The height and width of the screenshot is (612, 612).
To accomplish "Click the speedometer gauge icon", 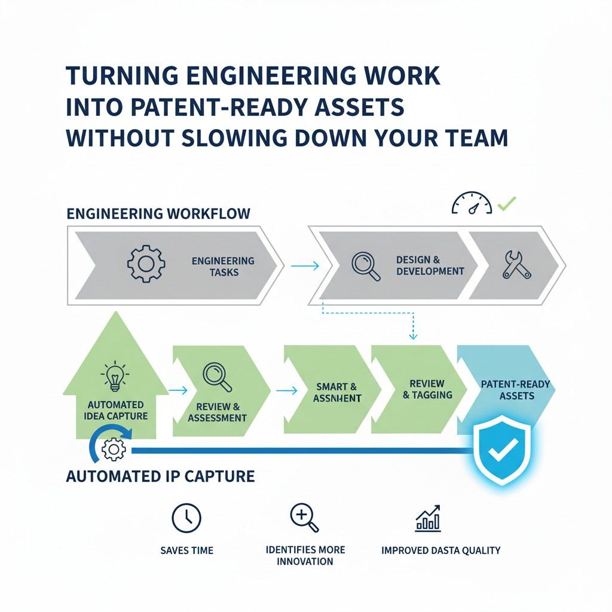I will click(472, 204).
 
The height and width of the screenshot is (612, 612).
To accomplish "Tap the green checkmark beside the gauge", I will click(507, 204).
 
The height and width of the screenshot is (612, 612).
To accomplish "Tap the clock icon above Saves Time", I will click(186, 517).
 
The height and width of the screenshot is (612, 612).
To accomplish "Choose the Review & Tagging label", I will click(427, 389).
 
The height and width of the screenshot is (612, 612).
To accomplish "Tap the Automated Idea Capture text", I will click(116, 410).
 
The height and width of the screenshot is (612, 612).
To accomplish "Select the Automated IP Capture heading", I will click(160, 476).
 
